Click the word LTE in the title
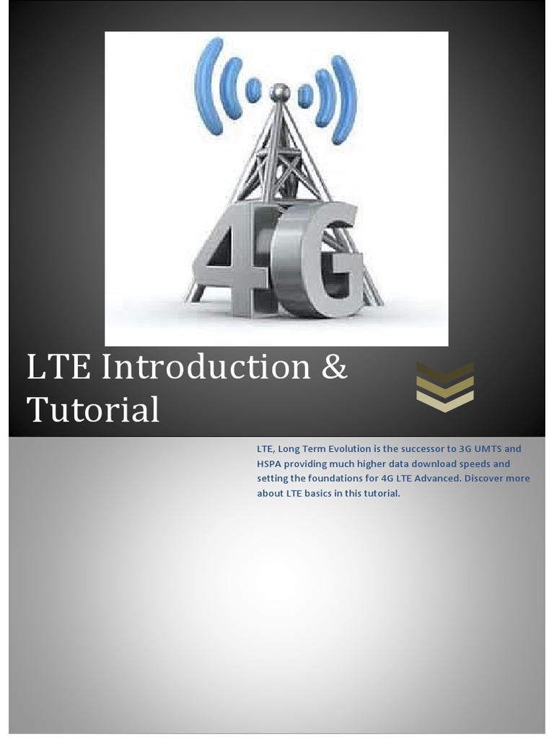pyautogui.click(x=58, y=367)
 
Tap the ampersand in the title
pyautogui.click(x=333, y=367)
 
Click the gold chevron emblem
pyautogui.click(x=445, y=387)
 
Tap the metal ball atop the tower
pyautogui.click(x=279, y=92)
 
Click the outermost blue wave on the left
pyautogui.click(x=208, y=86)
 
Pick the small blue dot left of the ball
pyautogui.click(x=253, y=90)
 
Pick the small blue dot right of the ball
pyautogui.click(x=305, y=95)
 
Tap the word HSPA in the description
pyautogui.click(x=270, y=463)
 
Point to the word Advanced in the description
pyautogui.click(x=436, y=479)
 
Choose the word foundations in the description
pyautogui.click(x=326, y=479)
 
